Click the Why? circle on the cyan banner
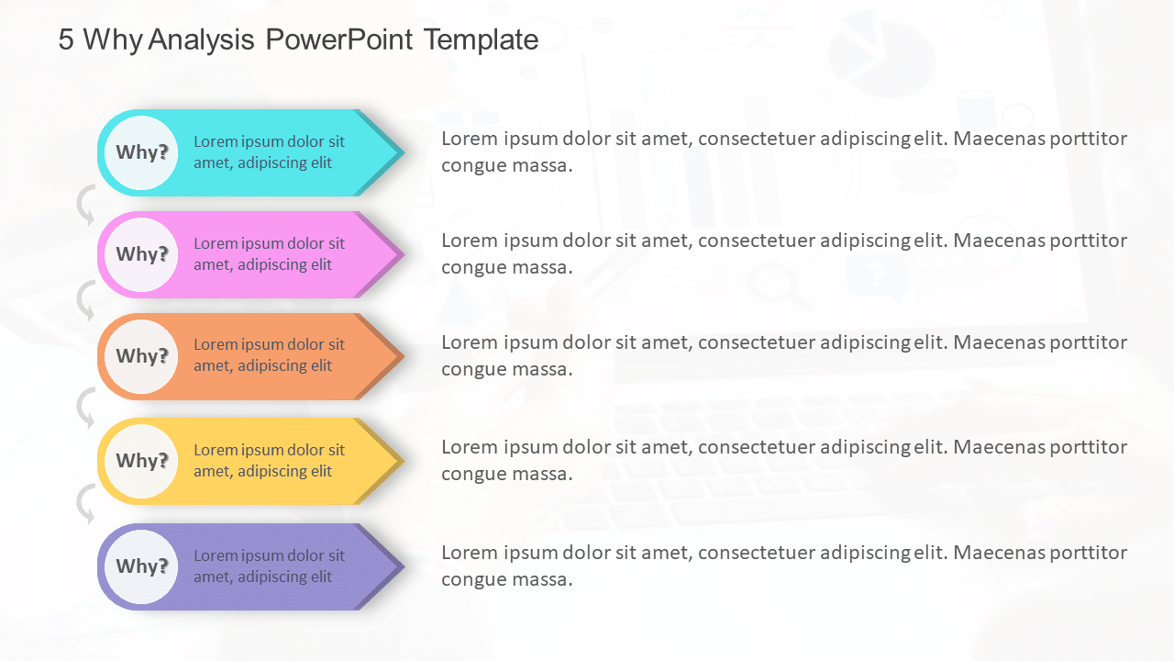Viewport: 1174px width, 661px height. click(x=140, y=152)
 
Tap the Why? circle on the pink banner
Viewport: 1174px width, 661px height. click(x=140, y=254)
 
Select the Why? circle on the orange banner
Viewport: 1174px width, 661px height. click(x=140, y=356)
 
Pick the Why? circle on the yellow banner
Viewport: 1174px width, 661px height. click(x=140, y=461)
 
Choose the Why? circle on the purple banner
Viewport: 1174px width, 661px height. click(x=140, y=566)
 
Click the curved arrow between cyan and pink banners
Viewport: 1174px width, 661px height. click(x=85, y=205)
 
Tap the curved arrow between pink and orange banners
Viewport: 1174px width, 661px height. click(x=85, y=300)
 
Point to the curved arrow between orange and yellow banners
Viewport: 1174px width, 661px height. click(x=85, y=408)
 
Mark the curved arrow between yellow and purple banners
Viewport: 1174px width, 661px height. click(x=85, y=505)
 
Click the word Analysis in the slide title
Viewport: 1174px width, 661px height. click(x=202, y=39)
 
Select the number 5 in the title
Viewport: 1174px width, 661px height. click(x=66, y=39)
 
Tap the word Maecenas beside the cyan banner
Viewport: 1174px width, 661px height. click(x=1002, y=139)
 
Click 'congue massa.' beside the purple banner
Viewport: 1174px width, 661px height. click(x=506, y=579)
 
